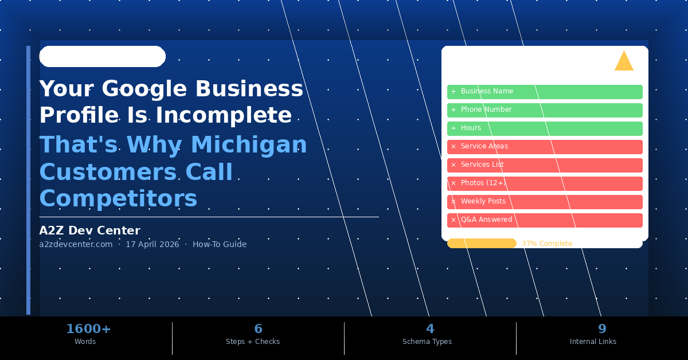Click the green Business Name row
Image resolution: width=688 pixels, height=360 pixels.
[x=545, y=92]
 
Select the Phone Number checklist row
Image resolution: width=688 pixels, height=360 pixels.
[x=545, y=110]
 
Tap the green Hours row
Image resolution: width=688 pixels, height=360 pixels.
[x=545, y=128]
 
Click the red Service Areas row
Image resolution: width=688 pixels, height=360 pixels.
[x=545, y=147]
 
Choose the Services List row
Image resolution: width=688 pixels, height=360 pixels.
[x=545, y=165]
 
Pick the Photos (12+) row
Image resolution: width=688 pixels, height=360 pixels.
[x=545, y=183]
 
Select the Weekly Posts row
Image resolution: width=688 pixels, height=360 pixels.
[x=545, y=202]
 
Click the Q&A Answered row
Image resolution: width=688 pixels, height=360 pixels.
[x=545, y=220]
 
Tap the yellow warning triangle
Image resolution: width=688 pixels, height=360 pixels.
[x=624, y=62]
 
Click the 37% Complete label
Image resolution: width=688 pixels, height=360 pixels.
[x=546, y=244]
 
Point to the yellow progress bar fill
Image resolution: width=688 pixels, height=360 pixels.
[x=482, y=244]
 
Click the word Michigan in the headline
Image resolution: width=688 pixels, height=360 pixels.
[x=249, y=145]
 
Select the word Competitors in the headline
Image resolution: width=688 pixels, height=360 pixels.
[x=118, y=199]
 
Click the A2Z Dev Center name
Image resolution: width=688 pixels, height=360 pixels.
[x=89, y=230]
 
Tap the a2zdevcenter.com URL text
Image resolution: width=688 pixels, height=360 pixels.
[x=76, y=244]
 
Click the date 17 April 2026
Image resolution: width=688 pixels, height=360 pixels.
[x=152, y=244]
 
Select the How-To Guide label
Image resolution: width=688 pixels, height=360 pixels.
[x=220, y=244]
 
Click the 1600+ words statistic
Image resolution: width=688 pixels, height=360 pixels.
[x=88, y=329]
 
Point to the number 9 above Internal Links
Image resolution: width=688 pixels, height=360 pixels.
[x=601, y=329]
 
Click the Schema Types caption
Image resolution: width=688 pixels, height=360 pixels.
[x=427, y=342]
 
